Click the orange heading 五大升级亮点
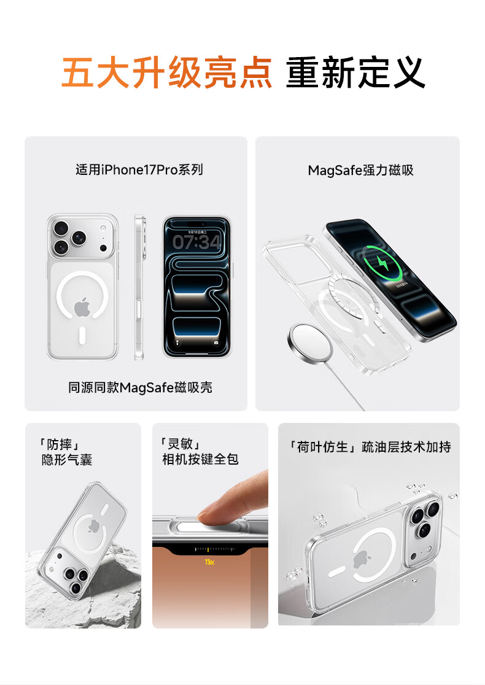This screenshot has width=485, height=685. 166,72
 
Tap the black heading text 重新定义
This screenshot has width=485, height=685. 355,72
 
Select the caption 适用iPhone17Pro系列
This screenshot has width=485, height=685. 139,169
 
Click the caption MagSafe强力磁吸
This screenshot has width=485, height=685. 360,170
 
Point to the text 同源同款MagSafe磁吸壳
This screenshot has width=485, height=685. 140,387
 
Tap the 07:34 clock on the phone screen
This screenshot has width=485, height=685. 196,242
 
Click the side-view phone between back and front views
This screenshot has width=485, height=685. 139,287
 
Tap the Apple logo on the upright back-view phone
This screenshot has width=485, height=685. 82,308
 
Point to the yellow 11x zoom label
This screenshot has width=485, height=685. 209,562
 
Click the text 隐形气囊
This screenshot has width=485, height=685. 67,460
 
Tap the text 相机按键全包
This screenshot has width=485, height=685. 200,459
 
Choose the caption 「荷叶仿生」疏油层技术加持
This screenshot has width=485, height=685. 369,447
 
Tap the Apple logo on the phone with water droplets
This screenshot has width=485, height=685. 360,560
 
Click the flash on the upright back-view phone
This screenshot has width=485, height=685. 103,228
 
